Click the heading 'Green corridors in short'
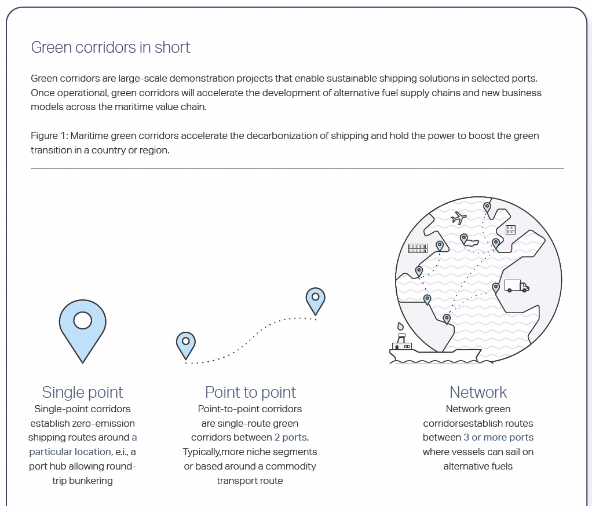[111, 47]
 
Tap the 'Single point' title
[82, 393]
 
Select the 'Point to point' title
[250, 393]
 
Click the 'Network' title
[478, 393]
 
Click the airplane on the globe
[459, 218]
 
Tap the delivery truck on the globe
[517, 286]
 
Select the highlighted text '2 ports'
[290, 437]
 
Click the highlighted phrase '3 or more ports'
[498, 437]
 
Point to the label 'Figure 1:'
[49, 136]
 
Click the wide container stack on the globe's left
[418, 248]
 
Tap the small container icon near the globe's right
[510, 229]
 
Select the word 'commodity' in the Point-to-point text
[291, 467]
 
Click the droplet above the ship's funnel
[400, 326]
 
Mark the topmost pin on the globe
[487, 207]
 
